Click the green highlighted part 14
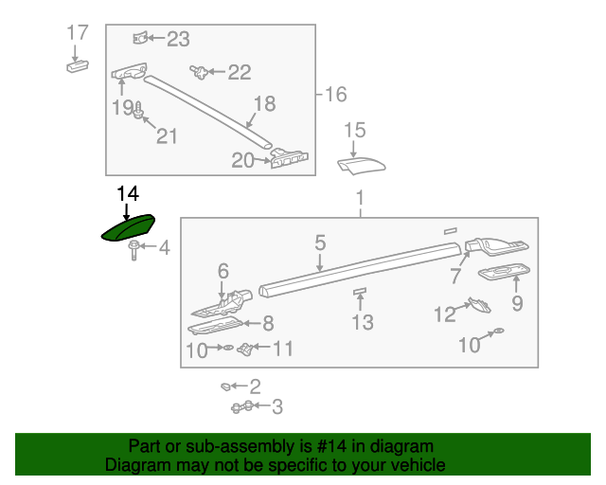pos(129,227)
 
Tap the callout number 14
pos(128,193)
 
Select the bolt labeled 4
pos(134,250)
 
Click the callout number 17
pos(78,32)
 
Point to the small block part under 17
pos(78,65)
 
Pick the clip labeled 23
pos(140,38)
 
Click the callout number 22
pos(240,72)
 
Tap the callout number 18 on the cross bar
pos(265,103)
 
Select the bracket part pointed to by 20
pos(290,158)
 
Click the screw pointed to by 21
pos(138,110)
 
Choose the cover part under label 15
pos(362,166)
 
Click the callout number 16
pos(336,95)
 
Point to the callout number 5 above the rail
pos(320,242)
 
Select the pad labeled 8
pos(215,325)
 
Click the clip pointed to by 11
pos(246,349)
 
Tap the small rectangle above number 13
pos(360,291)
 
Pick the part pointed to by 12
pos(480,305)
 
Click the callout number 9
pos(518,303)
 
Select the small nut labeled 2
pos(225,386)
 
